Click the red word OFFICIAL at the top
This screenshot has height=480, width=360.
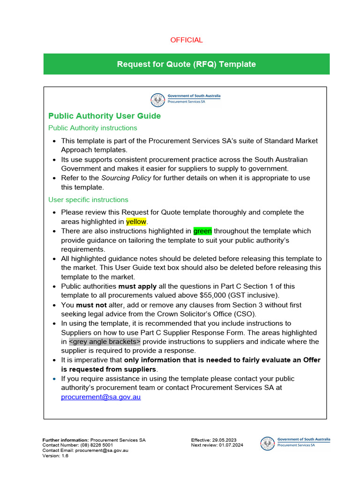click(x=186, y=40)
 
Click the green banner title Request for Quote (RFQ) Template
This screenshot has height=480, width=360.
click(x=186, y=64)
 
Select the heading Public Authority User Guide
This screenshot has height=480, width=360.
click(x=105, y=116)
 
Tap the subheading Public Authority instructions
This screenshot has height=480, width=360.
click(x=93, y=128)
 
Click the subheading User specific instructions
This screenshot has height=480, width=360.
click(x=88, y=200)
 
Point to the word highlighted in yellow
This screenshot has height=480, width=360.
click(x=136, y=222)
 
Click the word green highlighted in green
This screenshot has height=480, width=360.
click(x=202, y=231)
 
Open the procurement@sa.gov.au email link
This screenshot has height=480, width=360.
click(x=101, y=397)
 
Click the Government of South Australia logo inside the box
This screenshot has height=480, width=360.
click(x=186, y=99)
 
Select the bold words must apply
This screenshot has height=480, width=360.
click(x=137, y=286)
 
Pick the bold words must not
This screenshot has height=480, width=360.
click(x=92, y=305)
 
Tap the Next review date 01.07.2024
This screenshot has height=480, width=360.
click(x=231, y=445)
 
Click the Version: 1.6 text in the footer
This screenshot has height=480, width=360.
click(x=55, y=456)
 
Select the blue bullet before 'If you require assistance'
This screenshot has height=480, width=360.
click(x=54, y=379)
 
